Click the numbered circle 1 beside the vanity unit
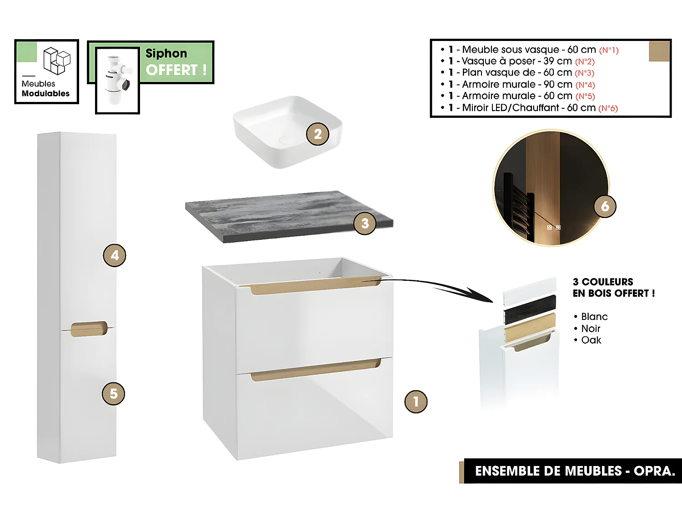(x=416, y=401)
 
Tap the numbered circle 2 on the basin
(x=317, y=134)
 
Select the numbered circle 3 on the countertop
(x=365, y=223)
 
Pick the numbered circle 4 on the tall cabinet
(x=114, y=255)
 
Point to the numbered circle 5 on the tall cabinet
(x=113, y=394)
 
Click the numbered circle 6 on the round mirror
(x=605, y=206)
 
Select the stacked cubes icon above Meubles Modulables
(x=56, y=61)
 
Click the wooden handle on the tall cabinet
(x=89, y=329)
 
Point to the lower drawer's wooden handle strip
(x=315, y=370)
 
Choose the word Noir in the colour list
(x=591, y=329)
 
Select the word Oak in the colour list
(x=591, y=340)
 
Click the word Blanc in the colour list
(x=594, y=317)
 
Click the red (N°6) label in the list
(x=608, y=108)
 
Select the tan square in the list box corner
(x=659, y=51)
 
